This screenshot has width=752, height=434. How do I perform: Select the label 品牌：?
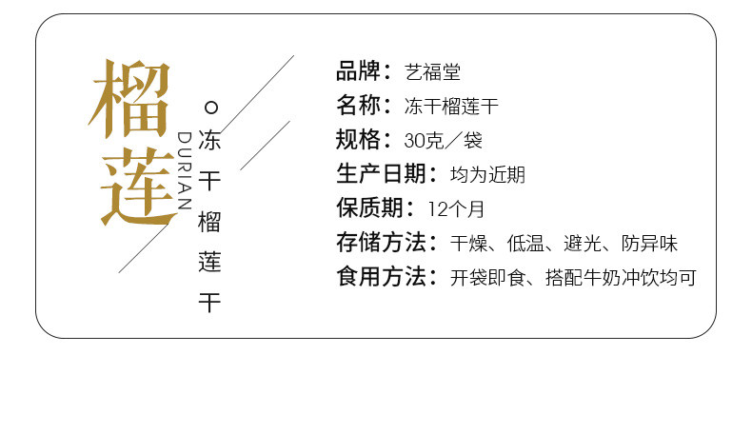(x=365, y=71)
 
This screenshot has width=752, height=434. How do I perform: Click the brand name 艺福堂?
(x=432, y=72)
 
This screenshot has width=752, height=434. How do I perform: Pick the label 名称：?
(x=365, y=106)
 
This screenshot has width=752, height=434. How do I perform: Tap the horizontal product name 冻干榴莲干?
(x=458, y=107)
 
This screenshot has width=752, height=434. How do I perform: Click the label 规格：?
(x=365, y=140)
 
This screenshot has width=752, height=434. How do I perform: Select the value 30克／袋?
(x=443, y=141)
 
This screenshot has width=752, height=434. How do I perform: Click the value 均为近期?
(x=487, y=175)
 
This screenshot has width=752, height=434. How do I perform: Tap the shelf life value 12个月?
(x=456, y=209)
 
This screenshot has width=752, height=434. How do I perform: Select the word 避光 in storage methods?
(x=582, y=244)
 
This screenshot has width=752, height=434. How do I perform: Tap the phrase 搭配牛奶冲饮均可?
(x=621, y=278)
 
